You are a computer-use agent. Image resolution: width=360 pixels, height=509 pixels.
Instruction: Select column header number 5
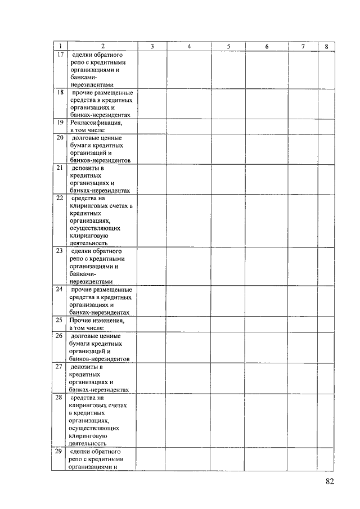tap(228, 46)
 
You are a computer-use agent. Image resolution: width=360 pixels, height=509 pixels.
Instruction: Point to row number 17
tap(60, 55)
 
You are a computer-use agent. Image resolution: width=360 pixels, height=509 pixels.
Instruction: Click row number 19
tap(60, 122)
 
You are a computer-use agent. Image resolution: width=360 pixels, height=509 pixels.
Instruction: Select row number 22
tap(60, 198)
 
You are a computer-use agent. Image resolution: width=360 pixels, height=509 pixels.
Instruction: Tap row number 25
tap(60, 320)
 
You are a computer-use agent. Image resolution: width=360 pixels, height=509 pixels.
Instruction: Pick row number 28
tap(60, 397)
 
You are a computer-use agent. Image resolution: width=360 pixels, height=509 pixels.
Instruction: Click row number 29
tap(60, 452)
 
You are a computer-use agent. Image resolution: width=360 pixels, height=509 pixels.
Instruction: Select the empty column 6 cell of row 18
tap(267, 103)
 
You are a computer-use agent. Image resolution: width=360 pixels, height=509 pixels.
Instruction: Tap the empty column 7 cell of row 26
tap(303, 347)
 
